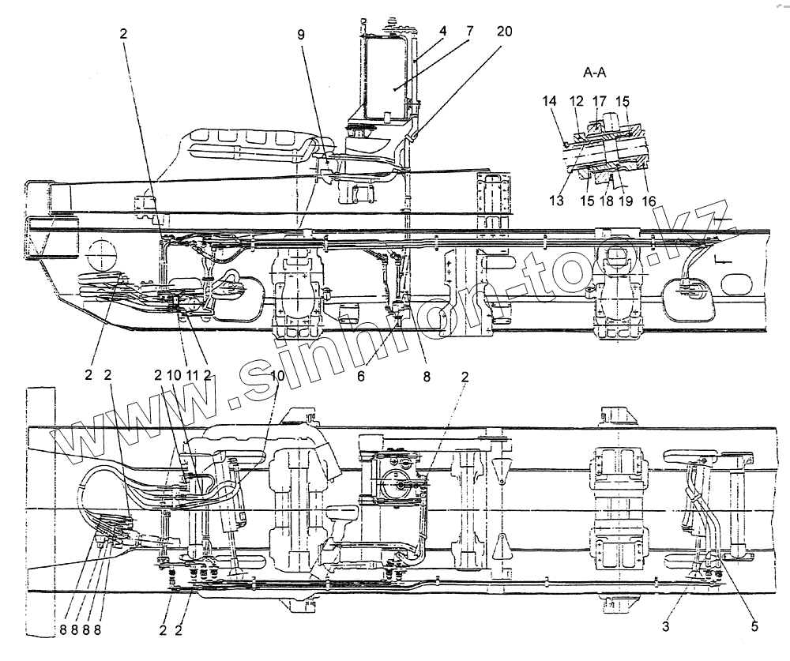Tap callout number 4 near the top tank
coord(443,32)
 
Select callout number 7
coord(469,32)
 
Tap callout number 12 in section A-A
coord(577,101)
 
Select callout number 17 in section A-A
coord(599,101)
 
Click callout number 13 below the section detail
coord(557,201)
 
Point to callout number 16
coord(649,201)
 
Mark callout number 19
coord(626,201)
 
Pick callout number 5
coord(754,625)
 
